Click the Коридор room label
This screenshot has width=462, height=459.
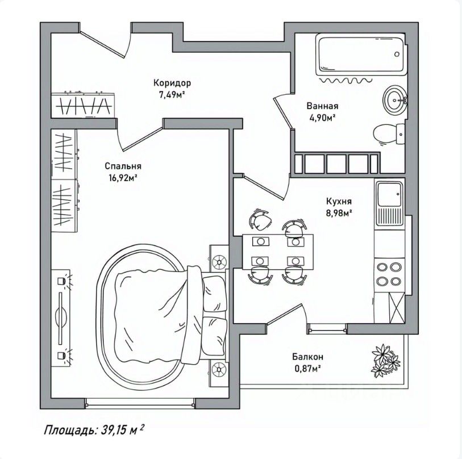point(172,83)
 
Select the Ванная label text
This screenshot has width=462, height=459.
point(322,106)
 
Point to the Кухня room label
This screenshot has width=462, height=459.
point(339,201)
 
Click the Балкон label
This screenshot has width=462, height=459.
point(307,357)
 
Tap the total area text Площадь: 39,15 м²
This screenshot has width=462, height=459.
point(94,430)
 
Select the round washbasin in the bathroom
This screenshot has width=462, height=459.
point(395,100)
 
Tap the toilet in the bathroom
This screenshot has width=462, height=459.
point(389,134)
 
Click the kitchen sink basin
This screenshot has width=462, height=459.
point(389,194)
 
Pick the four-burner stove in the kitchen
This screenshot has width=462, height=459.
point(389,274)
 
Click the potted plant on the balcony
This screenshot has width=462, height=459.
point(385,360)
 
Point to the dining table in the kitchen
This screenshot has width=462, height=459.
point(278,252)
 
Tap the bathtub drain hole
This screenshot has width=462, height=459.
point(397,54)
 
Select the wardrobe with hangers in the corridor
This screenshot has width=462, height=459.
point(84,106)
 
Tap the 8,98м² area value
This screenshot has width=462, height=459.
point(339,213)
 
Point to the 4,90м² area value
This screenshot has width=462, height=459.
point(322,118)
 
